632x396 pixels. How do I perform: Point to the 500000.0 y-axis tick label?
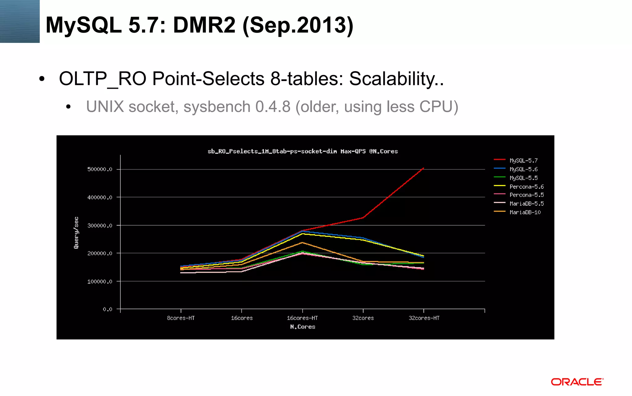pos(100,169)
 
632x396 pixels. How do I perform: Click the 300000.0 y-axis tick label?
pos(100,226)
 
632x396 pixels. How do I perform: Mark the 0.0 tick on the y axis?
pos(107,309)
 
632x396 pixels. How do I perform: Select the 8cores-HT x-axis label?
pos(181,318)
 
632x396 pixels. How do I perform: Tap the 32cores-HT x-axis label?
pos(424,318)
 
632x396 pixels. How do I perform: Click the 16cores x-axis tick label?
pos(242,318)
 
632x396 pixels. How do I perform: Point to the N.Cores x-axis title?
pos(302,327)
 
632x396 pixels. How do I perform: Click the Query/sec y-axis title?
pos(76,233)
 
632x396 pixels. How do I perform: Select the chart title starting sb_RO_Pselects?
pos(302,151)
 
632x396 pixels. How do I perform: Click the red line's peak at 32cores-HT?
pos(423,168)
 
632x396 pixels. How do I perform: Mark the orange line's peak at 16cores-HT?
pos(302,243)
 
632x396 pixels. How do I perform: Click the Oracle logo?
pos(577,382)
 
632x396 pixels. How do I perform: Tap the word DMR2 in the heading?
pos(204,25)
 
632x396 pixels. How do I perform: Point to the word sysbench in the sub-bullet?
pos(217,107)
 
